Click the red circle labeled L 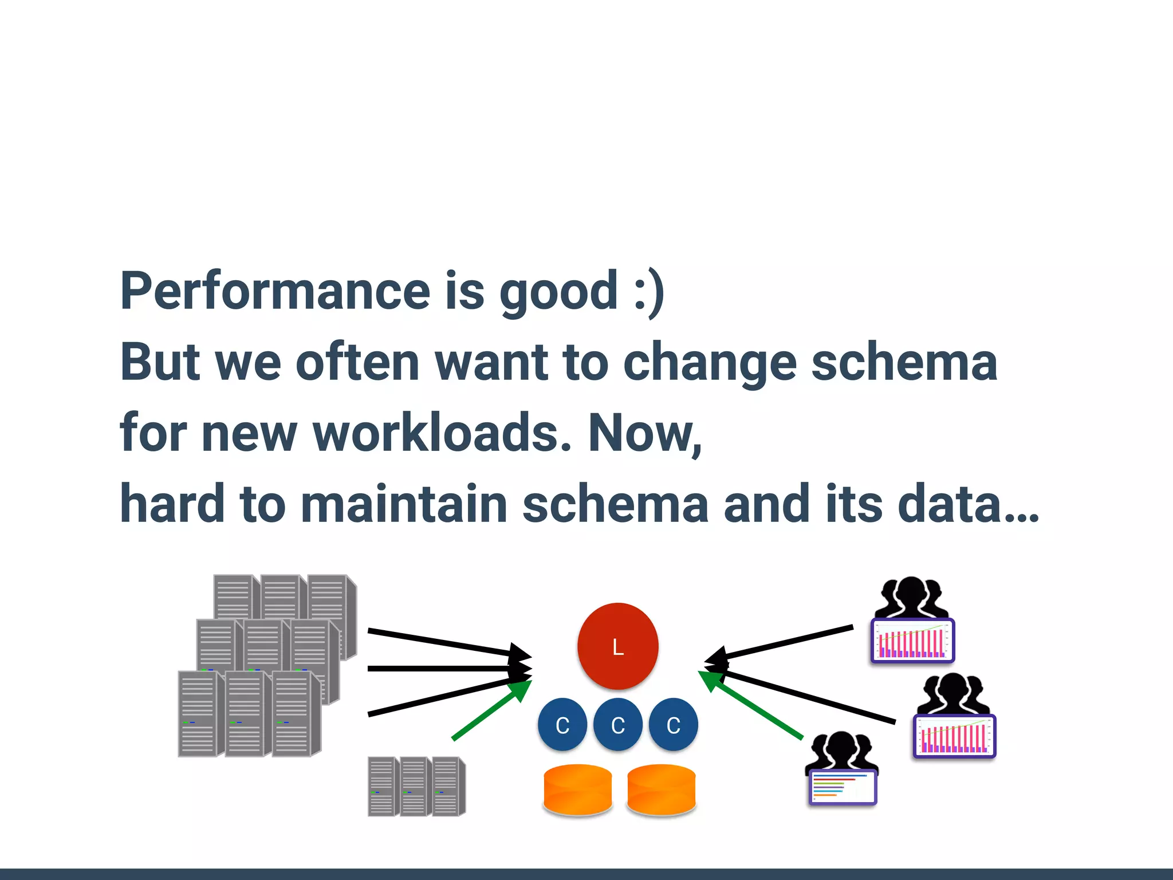617,646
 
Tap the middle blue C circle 617,725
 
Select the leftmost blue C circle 562,725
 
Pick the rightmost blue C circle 673,725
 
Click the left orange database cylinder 577,789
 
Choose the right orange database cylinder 661,789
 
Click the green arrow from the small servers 490,710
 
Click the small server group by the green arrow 416,786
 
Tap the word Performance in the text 275,291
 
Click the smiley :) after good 649,291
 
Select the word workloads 442,433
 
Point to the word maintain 404,504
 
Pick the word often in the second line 357,362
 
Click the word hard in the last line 172,504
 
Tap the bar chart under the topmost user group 912,641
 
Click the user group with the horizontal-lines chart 842,768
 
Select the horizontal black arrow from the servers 447,669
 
